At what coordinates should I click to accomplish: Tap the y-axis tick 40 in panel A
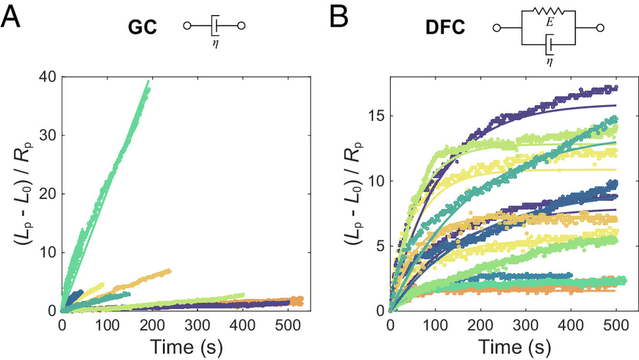[x=45, y=77]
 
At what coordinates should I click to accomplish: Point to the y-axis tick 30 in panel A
[x=45, y=135]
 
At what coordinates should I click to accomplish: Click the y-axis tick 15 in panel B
[x=372, y=117]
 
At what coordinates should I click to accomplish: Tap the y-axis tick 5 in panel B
[x=376, y=246]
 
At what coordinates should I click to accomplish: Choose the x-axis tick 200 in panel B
[x=481, y=324]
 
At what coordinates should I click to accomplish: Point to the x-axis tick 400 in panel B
[x=570, y=324]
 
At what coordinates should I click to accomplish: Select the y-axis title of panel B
[x=347, y=194]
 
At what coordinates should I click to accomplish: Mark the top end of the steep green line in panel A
[x=148, y=82]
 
